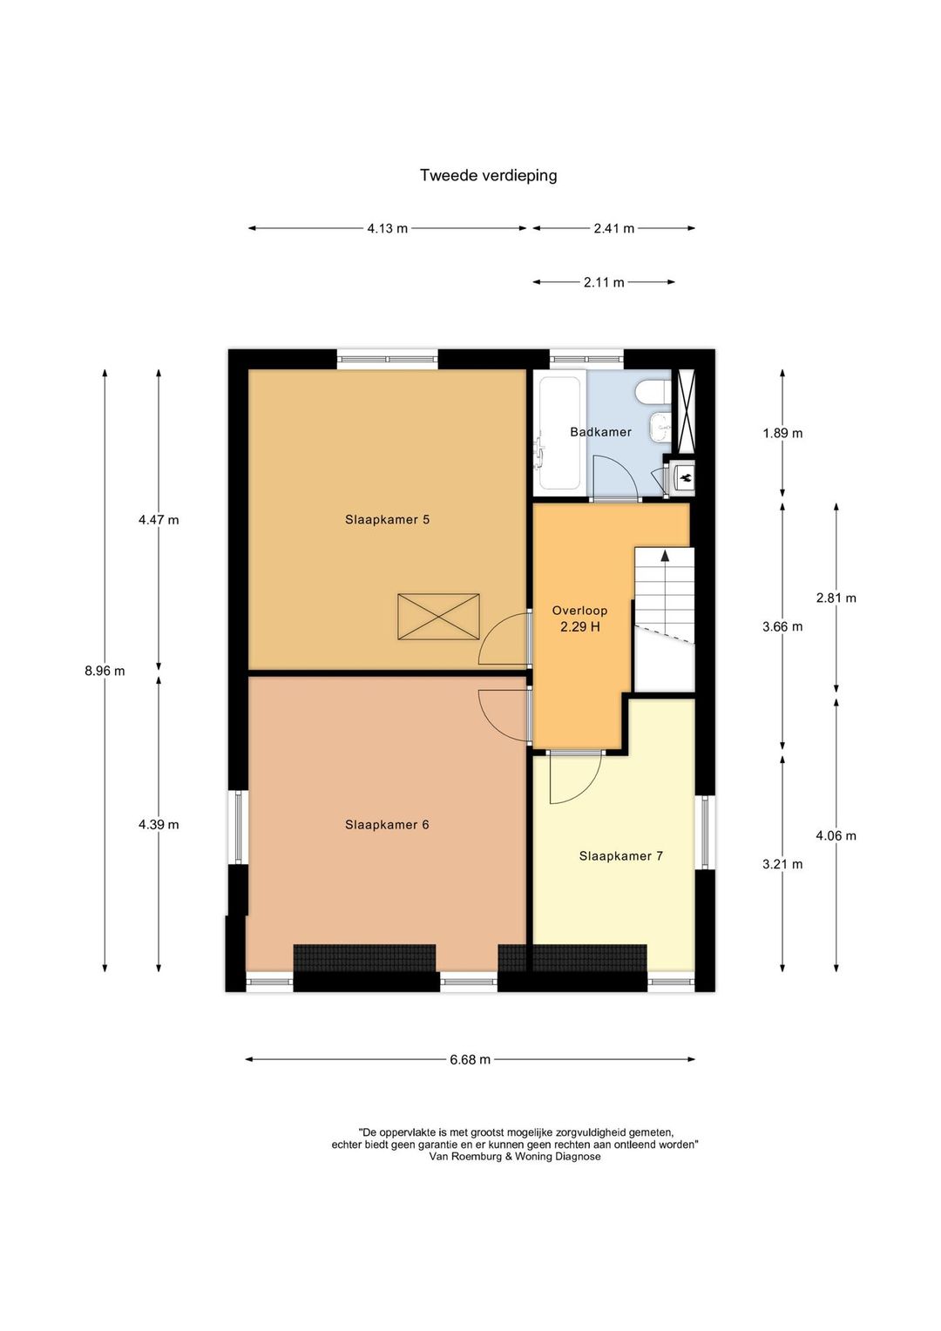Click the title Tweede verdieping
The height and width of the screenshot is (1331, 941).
(488, 176)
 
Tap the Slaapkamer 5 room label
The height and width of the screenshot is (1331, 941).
(387, 519)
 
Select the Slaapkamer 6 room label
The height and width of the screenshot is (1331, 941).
(387, 825)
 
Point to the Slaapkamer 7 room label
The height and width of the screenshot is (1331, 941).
(620, 856)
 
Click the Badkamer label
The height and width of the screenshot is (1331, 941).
(600, 432)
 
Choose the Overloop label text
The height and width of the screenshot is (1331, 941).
(579, 611)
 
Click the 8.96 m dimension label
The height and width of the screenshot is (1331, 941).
(105, 672)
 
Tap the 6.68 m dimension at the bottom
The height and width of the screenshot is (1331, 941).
(470, 1059)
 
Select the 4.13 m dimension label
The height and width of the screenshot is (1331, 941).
(388, 228)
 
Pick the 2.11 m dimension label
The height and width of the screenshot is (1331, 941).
(604, 282)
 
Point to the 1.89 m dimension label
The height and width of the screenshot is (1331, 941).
(782, 433)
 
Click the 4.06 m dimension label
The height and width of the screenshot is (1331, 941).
(836, 836)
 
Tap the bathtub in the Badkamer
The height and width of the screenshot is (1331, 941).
(559, 432)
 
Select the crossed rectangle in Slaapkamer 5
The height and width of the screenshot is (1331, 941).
(438, 616)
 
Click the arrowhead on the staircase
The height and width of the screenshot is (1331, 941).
(665, 556)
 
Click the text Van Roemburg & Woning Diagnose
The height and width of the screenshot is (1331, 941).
(514, 1156)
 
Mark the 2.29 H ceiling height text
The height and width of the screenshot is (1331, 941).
(579, 626)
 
